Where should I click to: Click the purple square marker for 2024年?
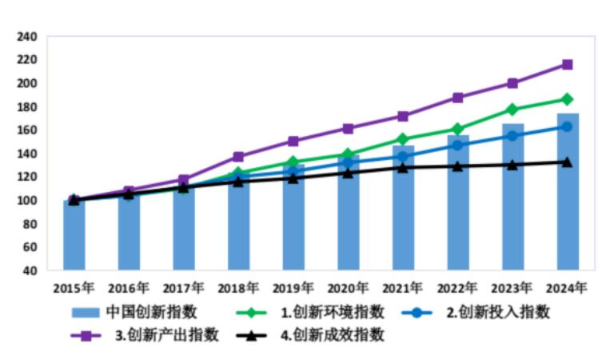[x=567, y=65]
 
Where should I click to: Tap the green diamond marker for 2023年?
[x=512, y=110]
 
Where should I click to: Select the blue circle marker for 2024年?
[x=567, y=126]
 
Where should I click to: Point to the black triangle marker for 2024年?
[x=567, y=162]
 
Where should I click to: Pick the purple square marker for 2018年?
[x=238, y=157]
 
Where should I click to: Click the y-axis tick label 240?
[x=27, y=37]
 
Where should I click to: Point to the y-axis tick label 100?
[x=27, y=200]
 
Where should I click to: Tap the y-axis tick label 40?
[x=30, y=270]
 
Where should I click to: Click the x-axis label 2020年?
[x=348, y=287]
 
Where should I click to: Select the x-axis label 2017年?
[x=184, y=287]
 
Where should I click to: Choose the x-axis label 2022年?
[x=457, y=287]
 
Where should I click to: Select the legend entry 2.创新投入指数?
[x=497, y=312]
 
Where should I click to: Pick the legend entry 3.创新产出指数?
[x=167, y=335]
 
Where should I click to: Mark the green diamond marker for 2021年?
[x=403, y=139]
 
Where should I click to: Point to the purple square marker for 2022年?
[x=457, y=98]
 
